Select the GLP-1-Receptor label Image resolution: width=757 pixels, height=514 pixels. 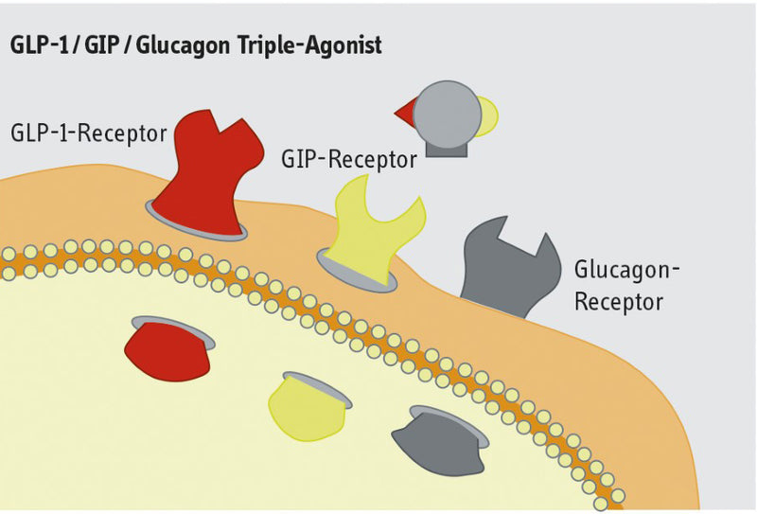point(88,132)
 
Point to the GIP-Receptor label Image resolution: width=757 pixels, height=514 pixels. point(349,159)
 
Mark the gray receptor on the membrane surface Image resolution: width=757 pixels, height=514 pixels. point(505,271)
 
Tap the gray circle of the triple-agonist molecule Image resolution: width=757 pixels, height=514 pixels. point(446,113)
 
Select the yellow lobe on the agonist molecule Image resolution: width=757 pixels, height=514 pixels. point(488,115)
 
